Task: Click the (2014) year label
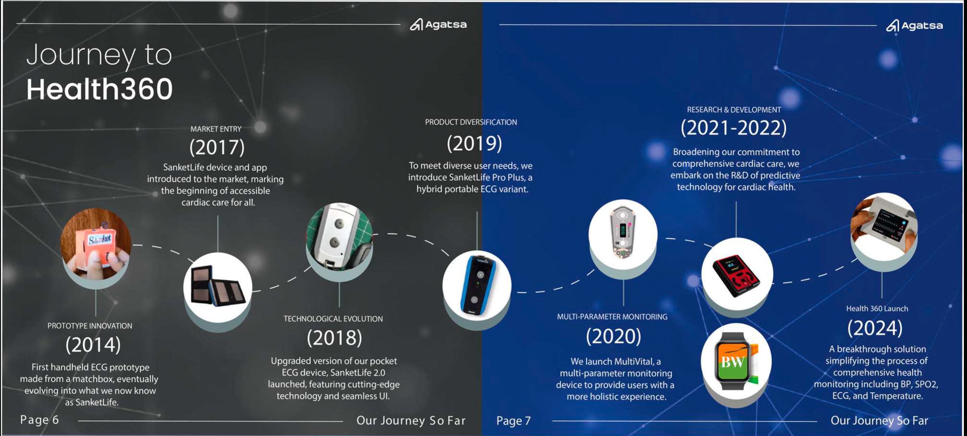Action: coord(93,345)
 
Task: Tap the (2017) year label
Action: coord(217,147)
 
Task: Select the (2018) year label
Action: coord(334,338)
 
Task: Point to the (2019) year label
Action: coord(474,144)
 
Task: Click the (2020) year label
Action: coord(613,336)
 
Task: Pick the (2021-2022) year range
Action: coord(733,128)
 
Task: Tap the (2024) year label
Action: coord(875,328)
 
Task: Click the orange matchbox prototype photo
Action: coord(96,244)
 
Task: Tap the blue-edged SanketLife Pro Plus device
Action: coord(477,285)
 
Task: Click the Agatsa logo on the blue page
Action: coord(914,26)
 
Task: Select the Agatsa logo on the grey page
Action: coord(438,25)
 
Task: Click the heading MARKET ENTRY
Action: coord(216,129)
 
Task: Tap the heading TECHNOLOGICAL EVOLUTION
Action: coord(333,319)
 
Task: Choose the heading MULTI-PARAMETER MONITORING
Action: coord(612,317)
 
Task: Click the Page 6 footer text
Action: coord(40,420)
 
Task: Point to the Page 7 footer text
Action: coord(513,421)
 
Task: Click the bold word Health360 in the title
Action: coord(99,89)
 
